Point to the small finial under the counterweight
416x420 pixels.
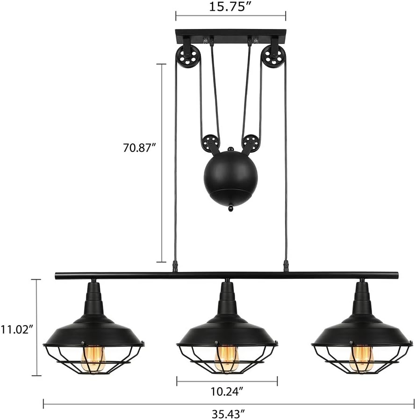click(230, 207)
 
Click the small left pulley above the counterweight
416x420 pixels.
click(209, 142)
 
